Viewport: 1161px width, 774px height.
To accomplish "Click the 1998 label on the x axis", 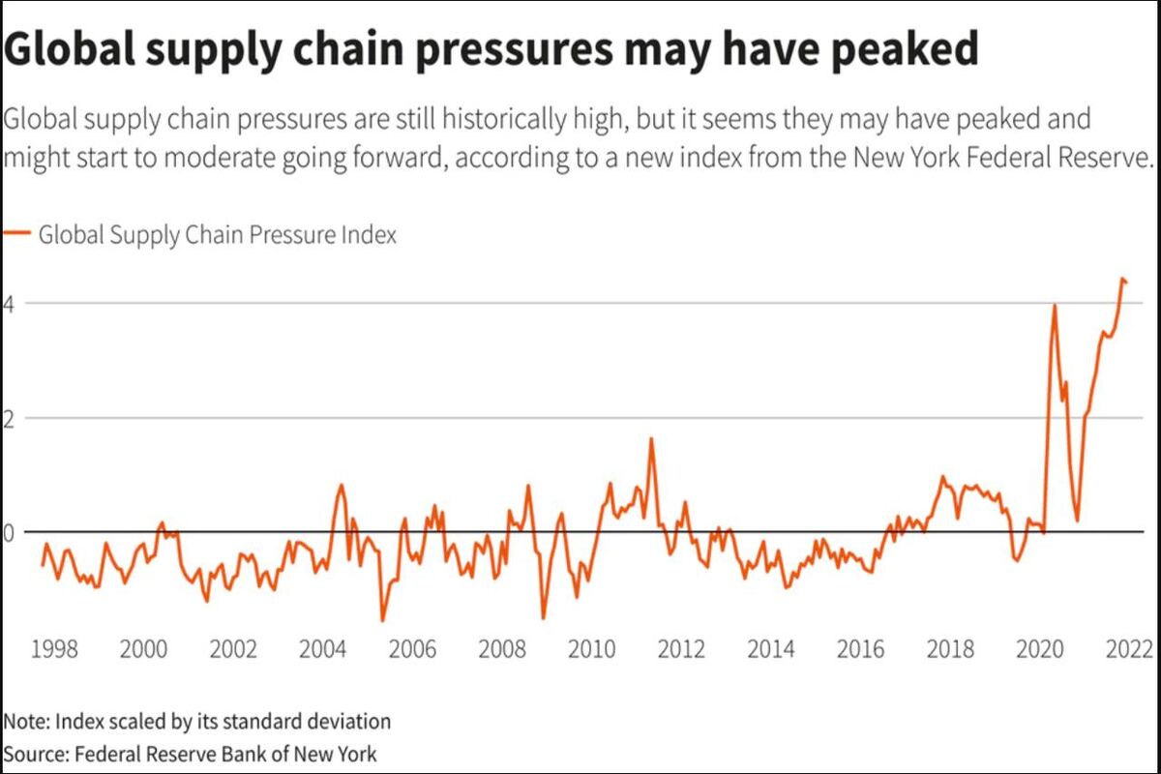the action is [x=54, y=649].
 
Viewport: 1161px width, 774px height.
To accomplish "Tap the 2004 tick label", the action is [x=322, y=649].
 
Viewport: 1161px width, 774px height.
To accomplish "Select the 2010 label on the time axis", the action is [x=591, y=649].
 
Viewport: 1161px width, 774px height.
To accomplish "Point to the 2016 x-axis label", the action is [x=860, y=649].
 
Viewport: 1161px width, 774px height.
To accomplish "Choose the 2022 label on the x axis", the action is [x=1129, y=649].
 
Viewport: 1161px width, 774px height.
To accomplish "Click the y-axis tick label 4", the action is [x=9, y=305].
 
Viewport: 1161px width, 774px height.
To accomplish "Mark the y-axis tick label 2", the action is [x=9, y=419].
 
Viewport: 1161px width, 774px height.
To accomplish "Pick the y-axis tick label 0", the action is [x=9, y=533].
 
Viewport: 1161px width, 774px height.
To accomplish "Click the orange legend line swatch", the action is [x=17, y=233].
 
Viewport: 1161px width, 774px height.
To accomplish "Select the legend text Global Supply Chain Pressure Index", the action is [x=218, y=235].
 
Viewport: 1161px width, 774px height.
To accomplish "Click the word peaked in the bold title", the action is [x=905, y=49].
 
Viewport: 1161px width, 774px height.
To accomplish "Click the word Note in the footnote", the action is [x=26, y=721].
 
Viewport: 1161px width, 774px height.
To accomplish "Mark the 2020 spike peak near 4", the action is [x=1055, y=306].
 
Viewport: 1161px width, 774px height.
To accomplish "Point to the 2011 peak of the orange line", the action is [x=651, y=438].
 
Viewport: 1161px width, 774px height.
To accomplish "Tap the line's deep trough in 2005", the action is [x=382, y=620].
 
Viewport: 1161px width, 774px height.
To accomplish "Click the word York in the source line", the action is [x=357, y=754].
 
